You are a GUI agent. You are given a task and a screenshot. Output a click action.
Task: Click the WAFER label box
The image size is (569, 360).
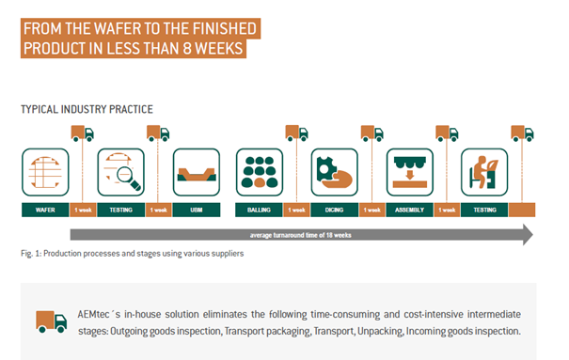(45, 210)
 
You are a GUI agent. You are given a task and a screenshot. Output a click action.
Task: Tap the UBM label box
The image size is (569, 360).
(197, 210)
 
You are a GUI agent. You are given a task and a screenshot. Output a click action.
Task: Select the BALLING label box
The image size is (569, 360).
(259, 210)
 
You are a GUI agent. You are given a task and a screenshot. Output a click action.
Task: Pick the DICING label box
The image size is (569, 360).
(334, 210)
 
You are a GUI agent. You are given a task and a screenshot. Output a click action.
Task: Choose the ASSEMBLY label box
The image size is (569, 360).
(410, 210)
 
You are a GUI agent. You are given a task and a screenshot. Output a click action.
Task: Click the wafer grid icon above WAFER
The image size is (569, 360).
(45, 172)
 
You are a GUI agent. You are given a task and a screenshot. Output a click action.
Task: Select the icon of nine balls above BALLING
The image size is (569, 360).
(260, 172)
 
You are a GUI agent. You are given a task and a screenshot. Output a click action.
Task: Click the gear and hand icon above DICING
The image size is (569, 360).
(335, 172)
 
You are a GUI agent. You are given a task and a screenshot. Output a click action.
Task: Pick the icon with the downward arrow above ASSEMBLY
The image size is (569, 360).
(410, 172)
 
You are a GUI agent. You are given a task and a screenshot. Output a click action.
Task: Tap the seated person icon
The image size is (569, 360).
(484, 172)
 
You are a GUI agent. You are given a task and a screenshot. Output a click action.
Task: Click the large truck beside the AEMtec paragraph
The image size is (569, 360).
(51, 321)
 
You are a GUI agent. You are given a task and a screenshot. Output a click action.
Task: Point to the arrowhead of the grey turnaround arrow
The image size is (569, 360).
(528, 235)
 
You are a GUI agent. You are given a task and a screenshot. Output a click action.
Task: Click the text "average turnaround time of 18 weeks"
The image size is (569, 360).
(300, 235)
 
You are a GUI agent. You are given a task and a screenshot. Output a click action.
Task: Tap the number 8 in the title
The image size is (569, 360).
(187, 49)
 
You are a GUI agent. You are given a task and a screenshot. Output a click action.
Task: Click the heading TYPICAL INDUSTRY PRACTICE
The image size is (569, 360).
(87, 109)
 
